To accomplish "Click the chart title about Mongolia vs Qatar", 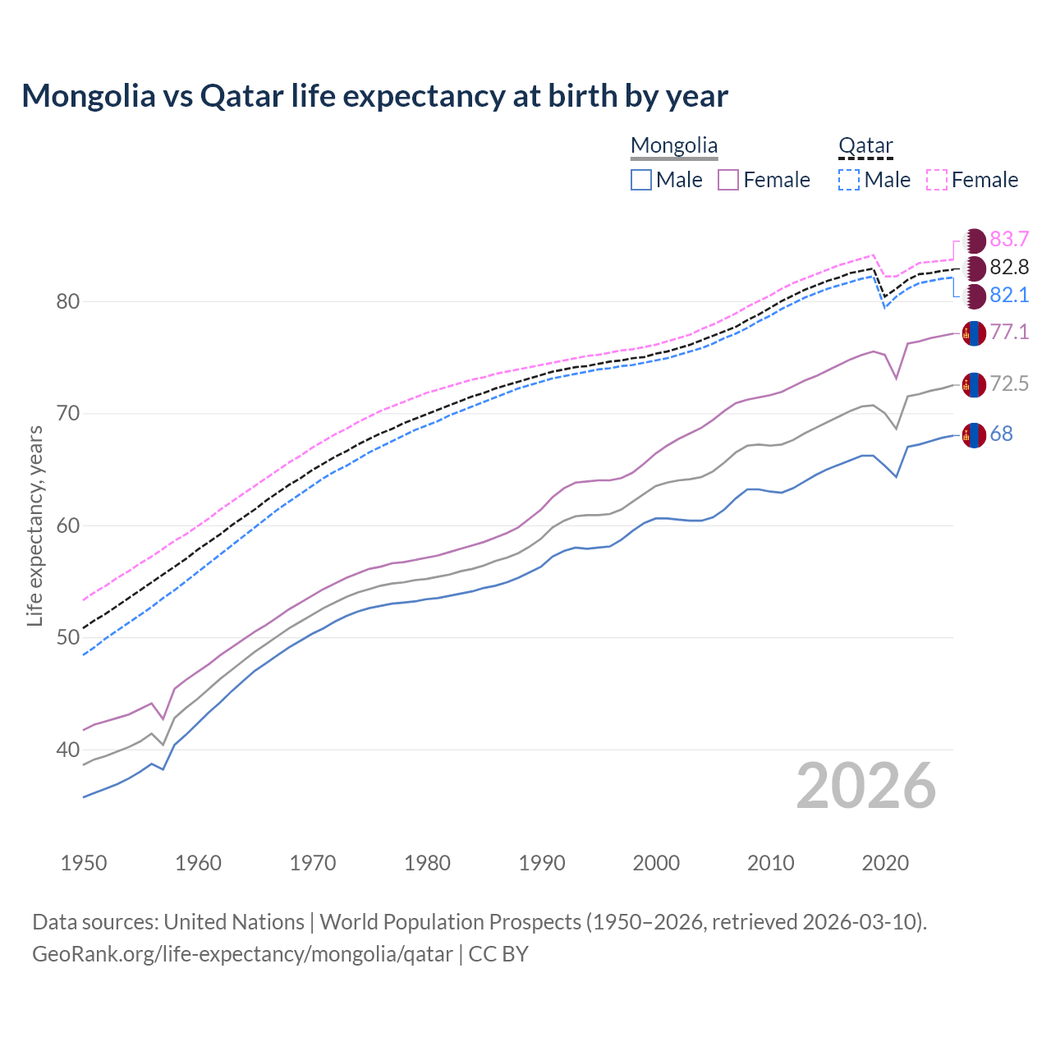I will [x=374, y=96].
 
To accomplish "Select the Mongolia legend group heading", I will [x=673, y=146].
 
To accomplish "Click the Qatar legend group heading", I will [x=865, y=146].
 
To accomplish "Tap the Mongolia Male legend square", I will [x=641, y=180].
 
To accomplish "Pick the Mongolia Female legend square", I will [x=728, y=180].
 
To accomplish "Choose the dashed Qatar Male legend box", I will [x=849, y=180].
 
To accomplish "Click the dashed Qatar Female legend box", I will [x=937, y=180].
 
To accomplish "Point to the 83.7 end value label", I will [x=1009, y=239].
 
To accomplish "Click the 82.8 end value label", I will [x=1009, y=267].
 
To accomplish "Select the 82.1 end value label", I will [x=1009, y=295].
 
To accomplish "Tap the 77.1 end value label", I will [x=1009, y=332].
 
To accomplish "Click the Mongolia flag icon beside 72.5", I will [x=974, y=384].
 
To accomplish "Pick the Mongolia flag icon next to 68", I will [x=974, y=435].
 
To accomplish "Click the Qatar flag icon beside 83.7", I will [x=974, y=241].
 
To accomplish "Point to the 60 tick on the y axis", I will [x=68, y=525].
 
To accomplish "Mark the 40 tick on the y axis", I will [x=68, y=750].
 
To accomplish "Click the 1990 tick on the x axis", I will [x=542, y=863].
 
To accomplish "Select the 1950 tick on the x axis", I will [x=85, y=863].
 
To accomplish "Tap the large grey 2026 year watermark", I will [x=865, y=786].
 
